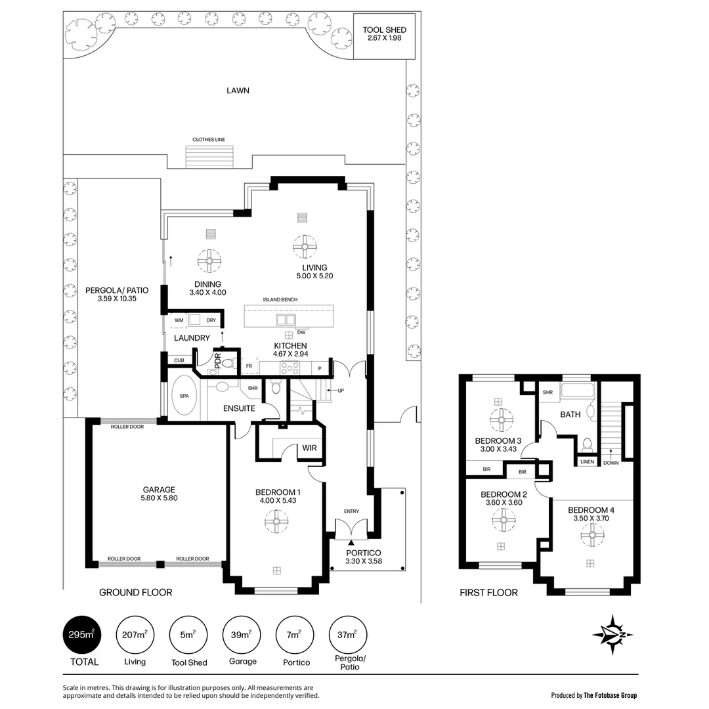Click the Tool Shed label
click(x=385, y=30)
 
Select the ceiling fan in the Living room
click(x=306, y=247)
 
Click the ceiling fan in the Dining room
click(x=209, y=262)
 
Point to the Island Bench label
click(x=280, y=299)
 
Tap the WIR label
click(x=309, y=449)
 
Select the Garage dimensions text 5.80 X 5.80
click(x=160, y=498)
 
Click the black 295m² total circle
click(x=81, y=635)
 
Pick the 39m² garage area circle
click(x=242, y=635)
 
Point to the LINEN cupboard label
click(x=588, y=462)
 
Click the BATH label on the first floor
click(x=570, y=415)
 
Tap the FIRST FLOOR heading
click(x=488, y=593)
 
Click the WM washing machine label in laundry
click(x=179, y=320)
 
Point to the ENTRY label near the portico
click(x=351, y=511)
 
